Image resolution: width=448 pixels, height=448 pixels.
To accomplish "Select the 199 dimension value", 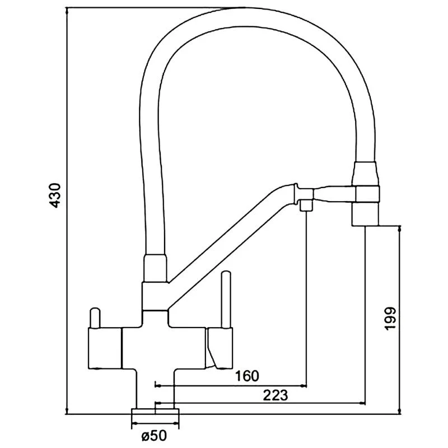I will coord(390,318).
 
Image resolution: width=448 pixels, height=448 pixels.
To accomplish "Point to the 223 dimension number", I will coord(275,395).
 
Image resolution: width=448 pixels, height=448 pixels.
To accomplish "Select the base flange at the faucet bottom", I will coord(156,415).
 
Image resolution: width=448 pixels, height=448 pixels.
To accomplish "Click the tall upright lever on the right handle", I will coord(227,300).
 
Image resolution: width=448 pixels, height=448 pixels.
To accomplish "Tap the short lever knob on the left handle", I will coord(94,318).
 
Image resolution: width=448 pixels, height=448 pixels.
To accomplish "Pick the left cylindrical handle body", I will coord(104,348).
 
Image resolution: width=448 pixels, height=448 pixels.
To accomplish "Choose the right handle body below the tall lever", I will coord(220,347).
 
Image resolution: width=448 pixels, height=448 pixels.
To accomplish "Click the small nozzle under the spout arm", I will coord(306,205).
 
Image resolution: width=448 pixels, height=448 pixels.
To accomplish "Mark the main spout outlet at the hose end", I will coord(366,215).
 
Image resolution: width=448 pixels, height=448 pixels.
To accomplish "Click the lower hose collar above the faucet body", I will coord(156,268).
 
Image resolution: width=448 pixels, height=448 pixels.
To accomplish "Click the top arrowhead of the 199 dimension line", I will coord(399,229).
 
